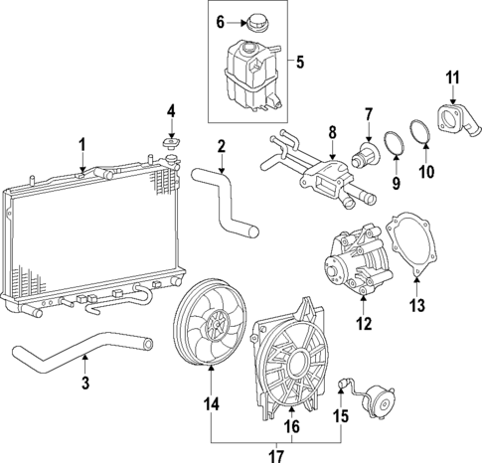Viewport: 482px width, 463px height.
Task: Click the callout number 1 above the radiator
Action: [x=82, y=144]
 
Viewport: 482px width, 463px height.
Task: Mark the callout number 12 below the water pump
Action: [x=363, y=323]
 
